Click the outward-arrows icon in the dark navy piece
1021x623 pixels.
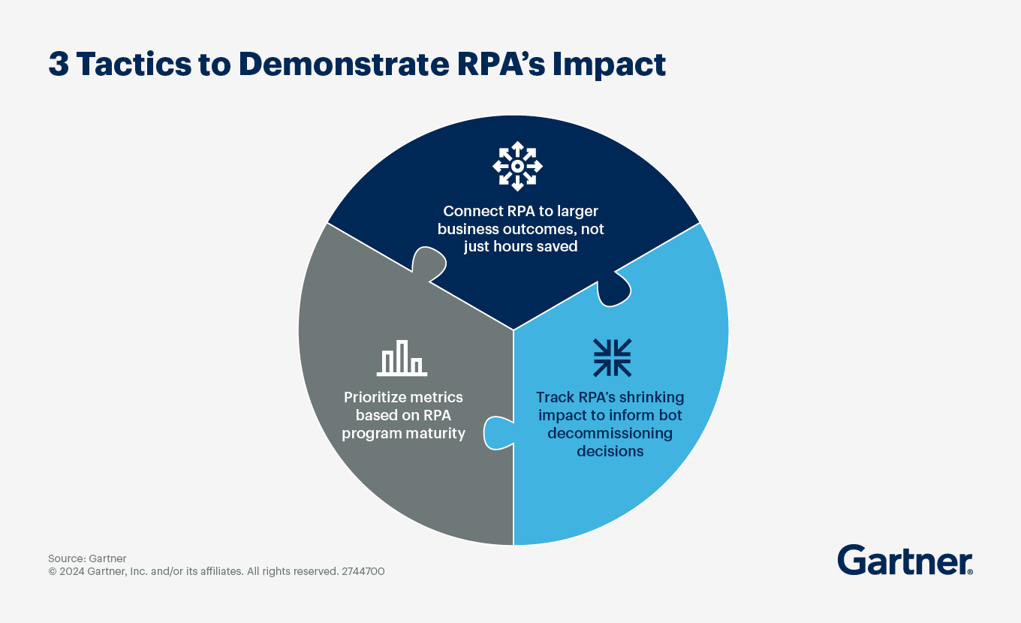pyautogui.click(x=517, y=166)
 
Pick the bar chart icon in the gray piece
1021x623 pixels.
pyautogui.click(x=402, y=358)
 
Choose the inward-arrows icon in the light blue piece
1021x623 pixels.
pyautogui.click(x=612, y=357)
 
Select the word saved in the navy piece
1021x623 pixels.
pyautogui.click(x=557, y=246)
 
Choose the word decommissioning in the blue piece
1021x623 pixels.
pyautogui.click(x=610, y=433)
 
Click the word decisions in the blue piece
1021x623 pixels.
pyautogui.click(x=610, y=451)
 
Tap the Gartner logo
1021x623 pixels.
pyautogui.click(x=905, y=561)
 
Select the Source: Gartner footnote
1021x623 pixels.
pyautogui.click(x=87, y=558)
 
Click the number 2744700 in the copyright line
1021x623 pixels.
pyautogui.click(x=363, y=571)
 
